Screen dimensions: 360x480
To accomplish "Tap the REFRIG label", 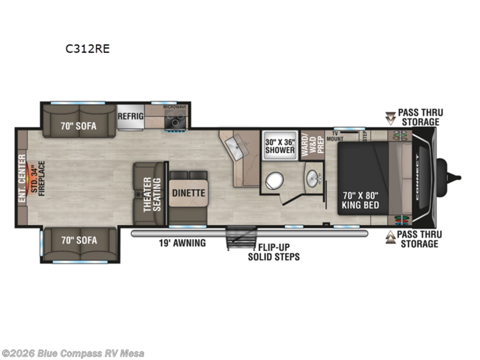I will [x=130, y=116].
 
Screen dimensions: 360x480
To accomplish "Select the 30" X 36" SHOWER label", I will [x=280, y=147].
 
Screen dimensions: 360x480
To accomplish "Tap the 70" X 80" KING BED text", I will [x=362, y=200].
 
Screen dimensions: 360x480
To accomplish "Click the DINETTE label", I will [x=188, y=192].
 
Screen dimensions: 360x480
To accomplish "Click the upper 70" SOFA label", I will [x=78, y=126].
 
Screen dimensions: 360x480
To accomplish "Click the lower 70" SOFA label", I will [x=78, y=240].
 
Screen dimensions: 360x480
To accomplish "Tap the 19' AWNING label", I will [x=182, y=243].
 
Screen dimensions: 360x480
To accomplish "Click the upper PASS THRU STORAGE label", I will [x=418, y=117].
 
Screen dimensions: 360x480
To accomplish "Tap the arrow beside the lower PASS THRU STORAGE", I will [x=390, y=239].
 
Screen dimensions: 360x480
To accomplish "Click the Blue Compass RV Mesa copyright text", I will [x=73, y=353].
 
